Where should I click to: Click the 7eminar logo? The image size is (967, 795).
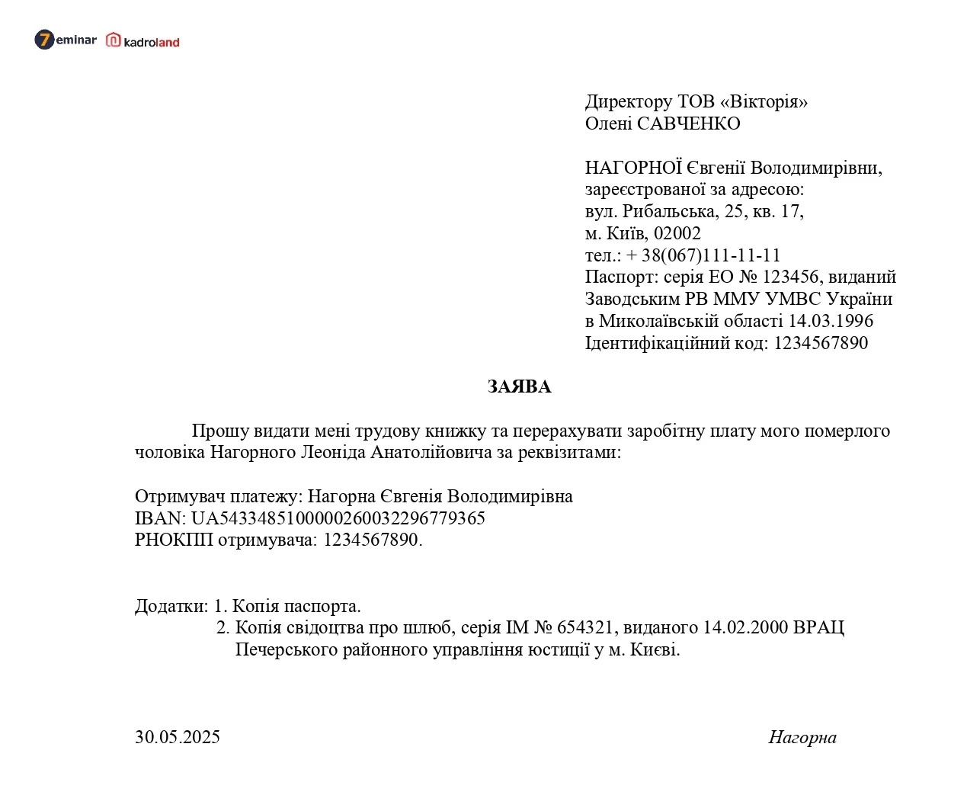(x=66, y=40)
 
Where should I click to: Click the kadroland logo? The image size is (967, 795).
(x=142, y=41)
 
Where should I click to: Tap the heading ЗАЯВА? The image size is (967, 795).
(x=519, y=387)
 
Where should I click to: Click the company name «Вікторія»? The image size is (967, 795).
(x=764, y=102)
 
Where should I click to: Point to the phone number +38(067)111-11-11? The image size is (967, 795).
(x=703, y=255)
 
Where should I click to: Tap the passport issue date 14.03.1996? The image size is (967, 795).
(x=831, y=321)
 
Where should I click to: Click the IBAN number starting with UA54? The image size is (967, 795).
(x=338, y=518)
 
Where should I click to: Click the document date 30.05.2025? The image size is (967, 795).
(x=178, y=737)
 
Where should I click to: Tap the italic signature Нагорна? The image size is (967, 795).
(x=802, y=737)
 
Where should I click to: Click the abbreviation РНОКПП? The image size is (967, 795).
(x=174, y=540)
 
